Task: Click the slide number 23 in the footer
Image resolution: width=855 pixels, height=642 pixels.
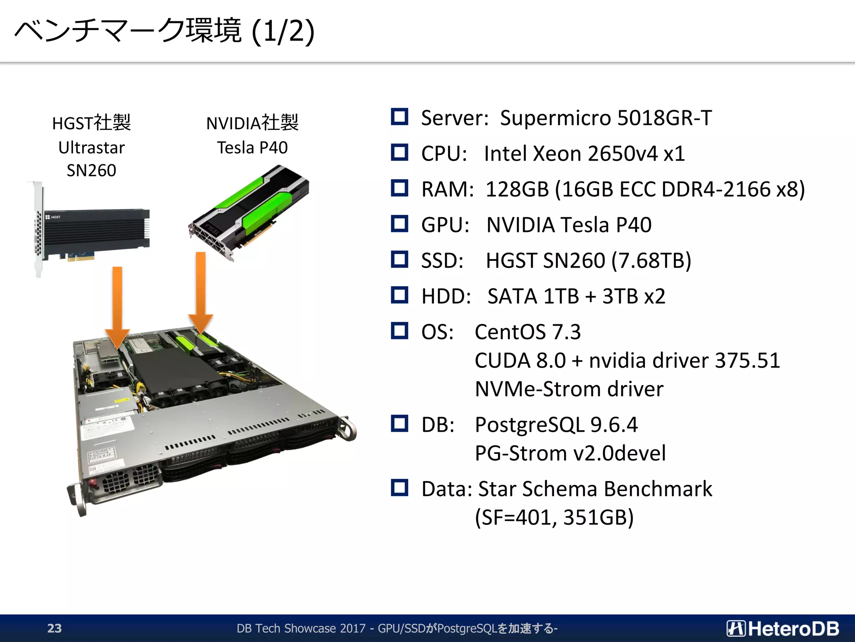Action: pos(54,628)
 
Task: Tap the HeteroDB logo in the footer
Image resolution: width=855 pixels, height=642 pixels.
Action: pos(783,628)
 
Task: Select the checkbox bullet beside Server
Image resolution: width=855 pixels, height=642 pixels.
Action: pos(400,117)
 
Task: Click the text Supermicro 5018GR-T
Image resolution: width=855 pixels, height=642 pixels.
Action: pos(606,118)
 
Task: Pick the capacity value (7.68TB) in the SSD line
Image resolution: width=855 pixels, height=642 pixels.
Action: pos(651,260)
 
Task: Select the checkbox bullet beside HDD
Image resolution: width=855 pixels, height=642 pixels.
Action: pos(400,295)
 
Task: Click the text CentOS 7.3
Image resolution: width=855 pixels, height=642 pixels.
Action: pos(528,332)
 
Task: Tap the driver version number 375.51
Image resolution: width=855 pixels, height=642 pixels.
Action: pos(747,360)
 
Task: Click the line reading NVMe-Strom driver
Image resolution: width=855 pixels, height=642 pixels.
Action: pos(569,389)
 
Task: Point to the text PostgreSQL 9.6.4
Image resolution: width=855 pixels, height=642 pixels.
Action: pos(556,425)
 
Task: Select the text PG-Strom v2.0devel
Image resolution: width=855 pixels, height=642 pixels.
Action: pos(570,453)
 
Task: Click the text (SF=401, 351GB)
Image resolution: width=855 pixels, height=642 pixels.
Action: pos(554,517)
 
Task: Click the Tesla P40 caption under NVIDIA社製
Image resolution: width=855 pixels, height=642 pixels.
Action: pos(252,148)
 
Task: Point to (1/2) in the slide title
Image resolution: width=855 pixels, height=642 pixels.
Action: pos(283,31)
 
